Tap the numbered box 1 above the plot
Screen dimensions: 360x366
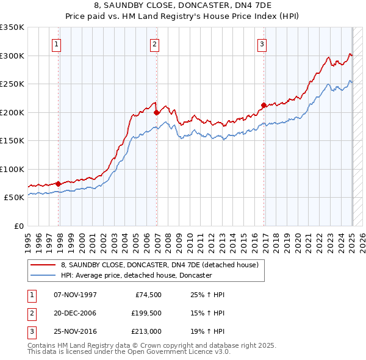tap(56, 43)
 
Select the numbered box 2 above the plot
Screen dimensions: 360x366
tap(154, 43)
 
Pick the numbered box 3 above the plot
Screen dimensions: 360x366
tap(262, 43)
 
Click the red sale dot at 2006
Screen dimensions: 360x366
tap(157, 113)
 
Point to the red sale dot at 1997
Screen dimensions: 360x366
tap(59, 184)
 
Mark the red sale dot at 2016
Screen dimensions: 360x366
tap(264, 105)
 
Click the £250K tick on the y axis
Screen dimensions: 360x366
tap(12, 84)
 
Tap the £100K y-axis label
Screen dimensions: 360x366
tap(12, 169)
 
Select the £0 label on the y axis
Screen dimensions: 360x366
tap(18, 226)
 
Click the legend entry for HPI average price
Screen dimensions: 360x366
tap(135, 276)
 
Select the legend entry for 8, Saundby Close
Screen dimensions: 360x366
tap(160, 265)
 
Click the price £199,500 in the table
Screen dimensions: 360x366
tap(146, 312)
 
